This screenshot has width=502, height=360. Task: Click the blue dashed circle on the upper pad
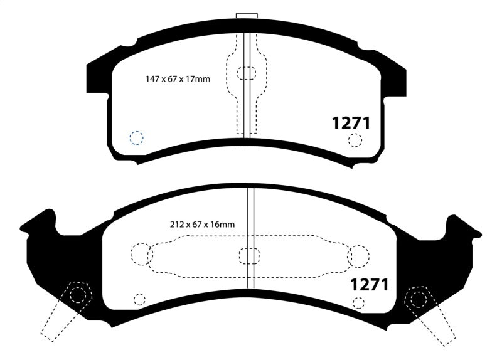136,137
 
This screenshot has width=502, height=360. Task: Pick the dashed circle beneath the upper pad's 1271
356,140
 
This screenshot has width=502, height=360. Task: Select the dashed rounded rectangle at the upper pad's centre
247,74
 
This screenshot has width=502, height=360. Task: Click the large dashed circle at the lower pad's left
142,255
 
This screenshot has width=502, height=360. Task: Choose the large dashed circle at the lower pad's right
358,256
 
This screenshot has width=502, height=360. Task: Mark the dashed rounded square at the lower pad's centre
249,256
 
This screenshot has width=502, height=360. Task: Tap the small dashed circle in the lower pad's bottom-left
139,300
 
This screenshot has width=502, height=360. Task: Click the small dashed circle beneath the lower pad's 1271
359,304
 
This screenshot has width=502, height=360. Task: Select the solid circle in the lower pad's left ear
78,297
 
